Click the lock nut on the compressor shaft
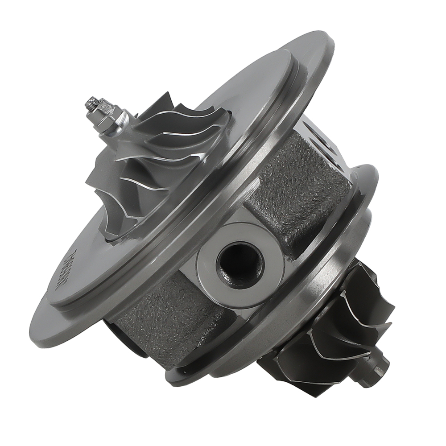coord(107,120)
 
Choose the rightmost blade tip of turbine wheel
coord(392,308)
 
